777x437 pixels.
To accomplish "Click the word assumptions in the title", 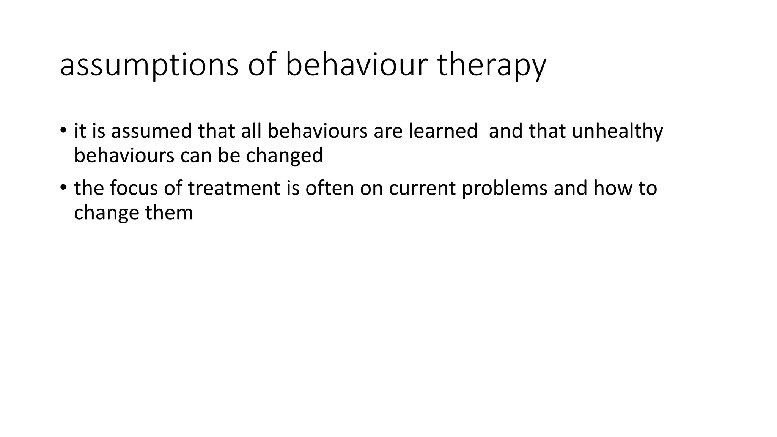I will pyautogui.click(x=149, y=65).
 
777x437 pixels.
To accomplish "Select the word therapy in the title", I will pyautogui.click(x=491, y=65).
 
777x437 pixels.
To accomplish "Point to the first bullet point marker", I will pyautogui.click(x=63, y=130).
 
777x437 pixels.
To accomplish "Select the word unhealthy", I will pyautogui.click(x=617, y=131).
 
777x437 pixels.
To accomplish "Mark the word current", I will pyautogui.click(x=422, y=188).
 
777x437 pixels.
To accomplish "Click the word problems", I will pyautogui.click(x=505, y=188).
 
